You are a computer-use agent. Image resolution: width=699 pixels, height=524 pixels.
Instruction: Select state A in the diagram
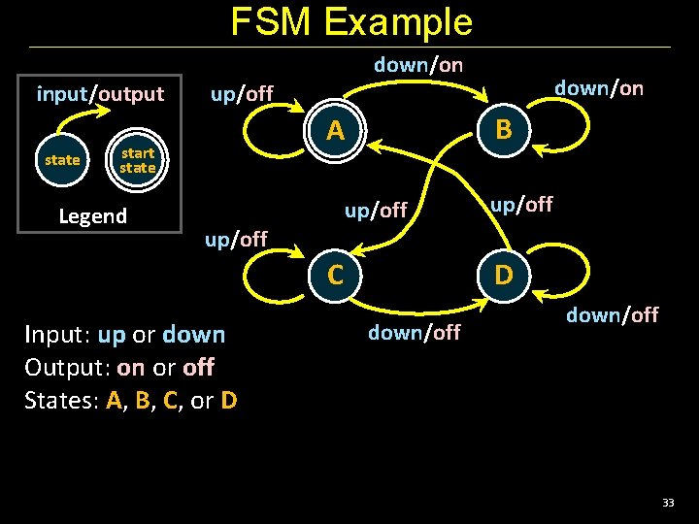(x=336, y=129)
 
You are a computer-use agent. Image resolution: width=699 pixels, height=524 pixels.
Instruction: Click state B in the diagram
(x=503, y=129)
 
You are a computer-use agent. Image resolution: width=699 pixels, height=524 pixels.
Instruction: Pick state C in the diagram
(x=336, y=275)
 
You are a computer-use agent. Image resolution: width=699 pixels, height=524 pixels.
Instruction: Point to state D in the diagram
(x=503, y=275)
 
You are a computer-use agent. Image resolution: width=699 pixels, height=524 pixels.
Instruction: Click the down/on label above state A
(x=418, y=65)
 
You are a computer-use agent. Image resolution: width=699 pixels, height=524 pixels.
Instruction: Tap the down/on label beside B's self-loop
(x=598, y=88)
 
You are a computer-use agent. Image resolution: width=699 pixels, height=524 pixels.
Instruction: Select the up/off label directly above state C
(x=376, y=210)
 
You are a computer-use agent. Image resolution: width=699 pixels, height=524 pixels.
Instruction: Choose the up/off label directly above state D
(x=521, y=204)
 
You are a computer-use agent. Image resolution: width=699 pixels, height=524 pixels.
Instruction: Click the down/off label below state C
(x=414, y=333)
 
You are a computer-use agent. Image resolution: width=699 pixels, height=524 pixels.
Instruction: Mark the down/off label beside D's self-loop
(x=612, y=314)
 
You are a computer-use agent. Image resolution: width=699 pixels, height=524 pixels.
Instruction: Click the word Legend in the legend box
(x=92, y=215)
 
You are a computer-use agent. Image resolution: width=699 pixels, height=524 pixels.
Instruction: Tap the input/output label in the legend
(x=100, y=94)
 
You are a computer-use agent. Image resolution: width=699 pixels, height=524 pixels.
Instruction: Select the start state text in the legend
(x=138, y=161)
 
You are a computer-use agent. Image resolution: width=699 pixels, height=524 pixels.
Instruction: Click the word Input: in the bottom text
(x=58, y=335)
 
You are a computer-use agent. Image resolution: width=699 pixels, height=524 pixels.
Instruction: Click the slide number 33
(x=668, y=503)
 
